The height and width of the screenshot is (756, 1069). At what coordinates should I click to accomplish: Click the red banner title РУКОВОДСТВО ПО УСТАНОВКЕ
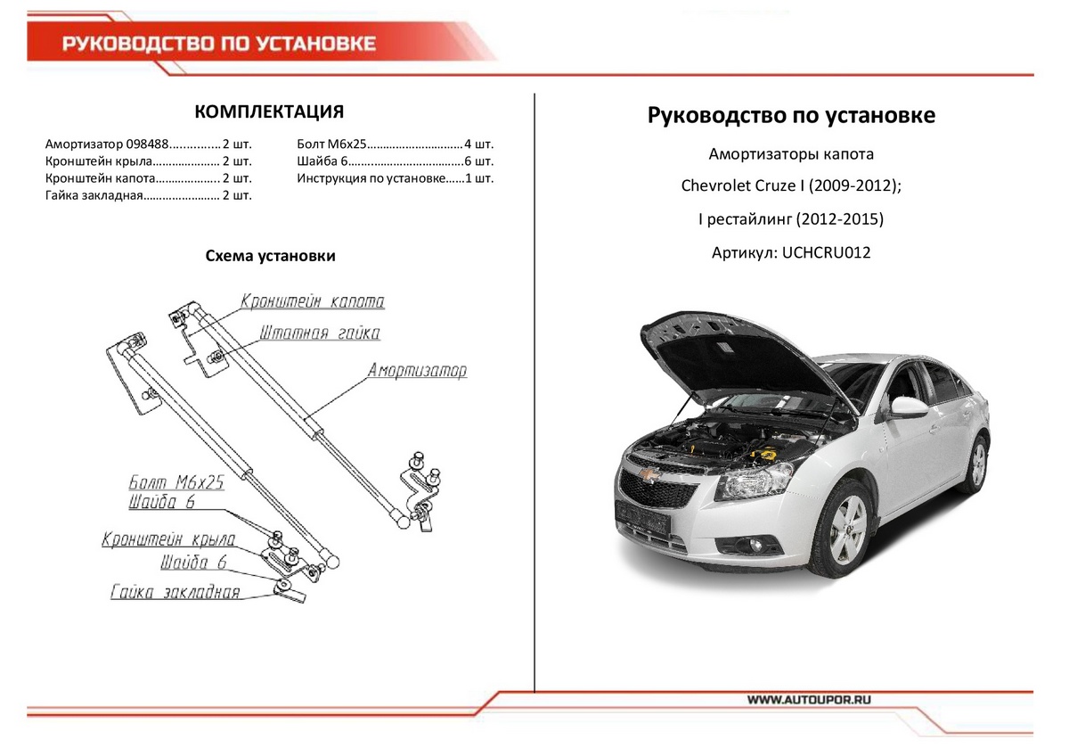(x=218, y=45)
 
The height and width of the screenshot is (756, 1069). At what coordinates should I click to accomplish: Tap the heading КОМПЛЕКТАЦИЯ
(x=269, y=111)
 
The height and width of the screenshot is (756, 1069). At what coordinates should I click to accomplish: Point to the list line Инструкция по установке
(x=371, y=178)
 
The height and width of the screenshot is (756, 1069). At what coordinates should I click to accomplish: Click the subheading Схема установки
(x=270, y=257)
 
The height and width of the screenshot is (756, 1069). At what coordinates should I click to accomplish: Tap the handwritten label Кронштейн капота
(x=312, y=301)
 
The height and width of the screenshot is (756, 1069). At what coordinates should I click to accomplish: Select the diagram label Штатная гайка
(x=320, y=333)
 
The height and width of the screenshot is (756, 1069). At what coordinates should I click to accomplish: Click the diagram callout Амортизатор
(x=417, y=371)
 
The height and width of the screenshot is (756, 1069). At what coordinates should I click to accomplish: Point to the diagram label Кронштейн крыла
(x=168, y=539)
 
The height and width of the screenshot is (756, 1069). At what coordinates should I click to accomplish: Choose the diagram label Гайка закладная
(x=175, y=592)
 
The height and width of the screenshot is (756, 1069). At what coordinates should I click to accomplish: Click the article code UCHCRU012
(x=825, y=252)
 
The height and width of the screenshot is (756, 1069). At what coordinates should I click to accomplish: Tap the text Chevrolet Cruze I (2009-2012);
(x=791, y=186)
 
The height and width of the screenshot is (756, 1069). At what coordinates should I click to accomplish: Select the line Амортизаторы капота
(x=791, y=154)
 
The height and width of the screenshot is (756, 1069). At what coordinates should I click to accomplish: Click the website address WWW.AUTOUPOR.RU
(x=809, y=701)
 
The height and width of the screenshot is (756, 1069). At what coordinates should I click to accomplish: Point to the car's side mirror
(x=910, y=407)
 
